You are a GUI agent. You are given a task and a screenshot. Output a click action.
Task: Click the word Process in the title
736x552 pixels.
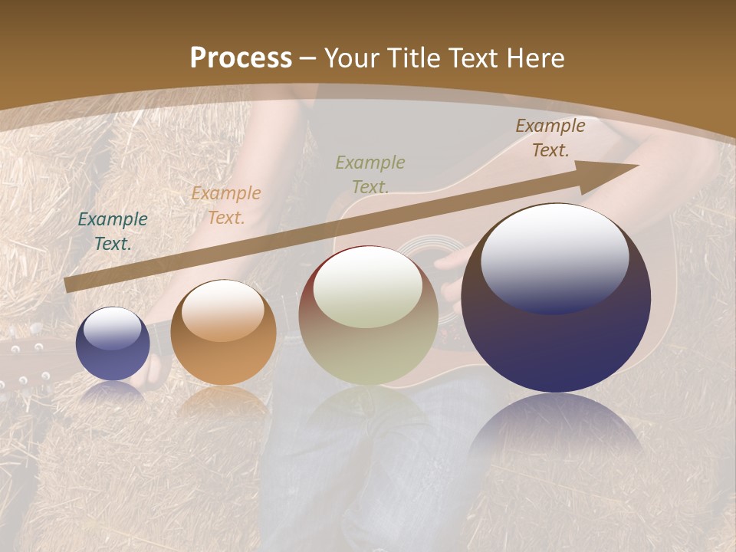pos(241,58)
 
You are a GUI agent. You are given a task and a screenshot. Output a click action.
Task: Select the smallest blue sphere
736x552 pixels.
pos(113,343)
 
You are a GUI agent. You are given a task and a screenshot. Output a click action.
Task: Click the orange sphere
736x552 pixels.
pos(223,332)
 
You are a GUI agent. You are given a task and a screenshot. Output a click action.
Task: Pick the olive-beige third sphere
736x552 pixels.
pos(368,315)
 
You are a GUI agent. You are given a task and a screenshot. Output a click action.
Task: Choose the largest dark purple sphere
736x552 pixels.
pos(556,299)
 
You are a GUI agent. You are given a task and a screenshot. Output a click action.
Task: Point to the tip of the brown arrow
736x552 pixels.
pos(636,166)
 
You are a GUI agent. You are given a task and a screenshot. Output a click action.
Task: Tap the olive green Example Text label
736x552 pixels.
pos(370,174)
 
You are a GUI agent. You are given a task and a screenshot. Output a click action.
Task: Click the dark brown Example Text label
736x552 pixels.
pos(550,138)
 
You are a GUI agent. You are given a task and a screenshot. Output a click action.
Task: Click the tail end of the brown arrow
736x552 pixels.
pos(69,284)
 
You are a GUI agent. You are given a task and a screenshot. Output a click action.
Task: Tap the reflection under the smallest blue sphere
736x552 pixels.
pos(113,393)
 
